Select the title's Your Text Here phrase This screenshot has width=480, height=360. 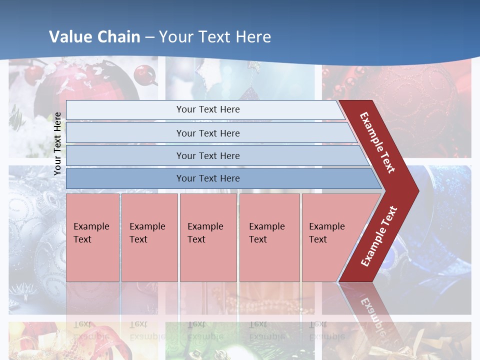click(x=215, y=37)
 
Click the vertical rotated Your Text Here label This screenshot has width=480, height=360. click(x=57, y=143)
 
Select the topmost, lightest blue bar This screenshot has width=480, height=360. click(x=207, y=109)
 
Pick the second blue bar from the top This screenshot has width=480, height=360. click(x=207, y=133)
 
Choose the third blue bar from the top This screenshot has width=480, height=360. click(x=207, y=155)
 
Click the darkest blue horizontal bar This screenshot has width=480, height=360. click(x=207, y=178)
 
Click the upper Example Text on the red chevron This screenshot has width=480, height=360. click(x=377, y=142)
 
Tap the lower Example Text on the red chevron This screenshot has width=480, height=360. click(x=379, y=236)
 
